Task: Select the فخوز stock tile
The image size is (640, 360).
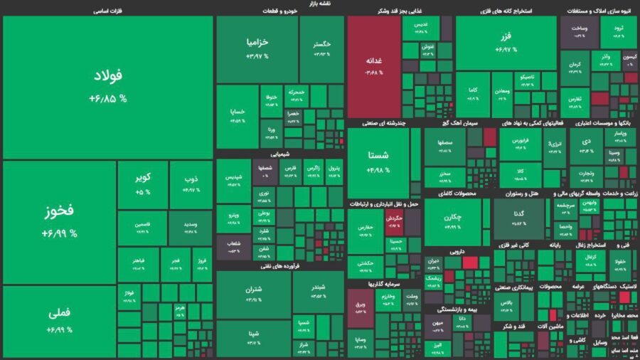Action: pyautogui.click(x=59, y=222)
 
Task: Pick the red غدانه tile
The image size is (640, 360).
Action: pyautogui.click(x=374, y=66)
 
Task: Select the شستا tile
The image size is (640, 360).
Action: pyautogui.click(x=378, y=162)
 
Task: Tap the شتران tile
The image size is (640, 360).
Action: pyautogui.click(x=253, y=295)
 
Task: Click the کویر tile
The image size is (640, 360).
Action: pyautogui.click(x=142, y=184)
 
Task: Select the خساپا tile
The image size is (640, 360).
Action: pyautogui.click(x=237, y=116)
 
